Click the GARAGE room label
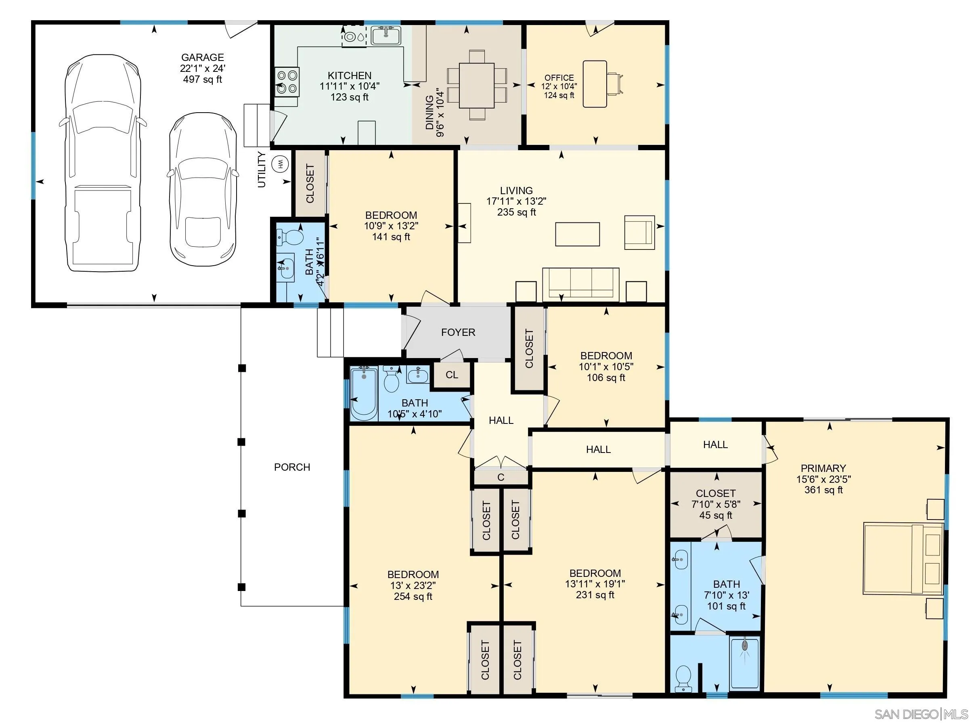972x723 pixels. coord(202,57)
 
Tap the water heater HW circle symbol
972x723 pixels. coord(281,164)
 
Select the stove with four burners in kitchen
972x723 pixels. coord(287,82)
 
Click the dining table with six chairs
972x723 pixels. coord(476,85)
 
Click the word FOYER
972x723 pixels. coord(458,332)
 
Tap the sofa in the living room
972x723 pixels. coord(580,284)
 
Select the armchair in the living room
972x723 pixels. coord(639,232)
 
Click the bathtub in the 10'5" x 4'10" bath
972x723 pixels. coord(363,394)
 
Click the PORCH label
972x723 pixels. coord(292,467)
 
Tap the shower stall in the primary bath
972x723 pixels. coord(744,663)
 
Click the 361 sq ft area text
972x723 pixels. coord(823,490)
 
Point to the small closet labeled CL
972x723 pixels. coord(452,375)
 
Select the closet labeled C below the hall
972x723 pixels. coord(501,477)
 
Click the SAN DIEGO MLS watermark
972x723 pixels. coord(921,714)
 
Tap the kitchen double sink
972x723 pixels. coord(385,35)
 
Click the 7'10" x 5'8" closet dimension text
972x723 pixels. coord(716,504)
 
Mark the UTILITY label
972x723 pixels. coord(262,170)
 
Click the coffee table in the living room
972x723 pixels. coord(577,234)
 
